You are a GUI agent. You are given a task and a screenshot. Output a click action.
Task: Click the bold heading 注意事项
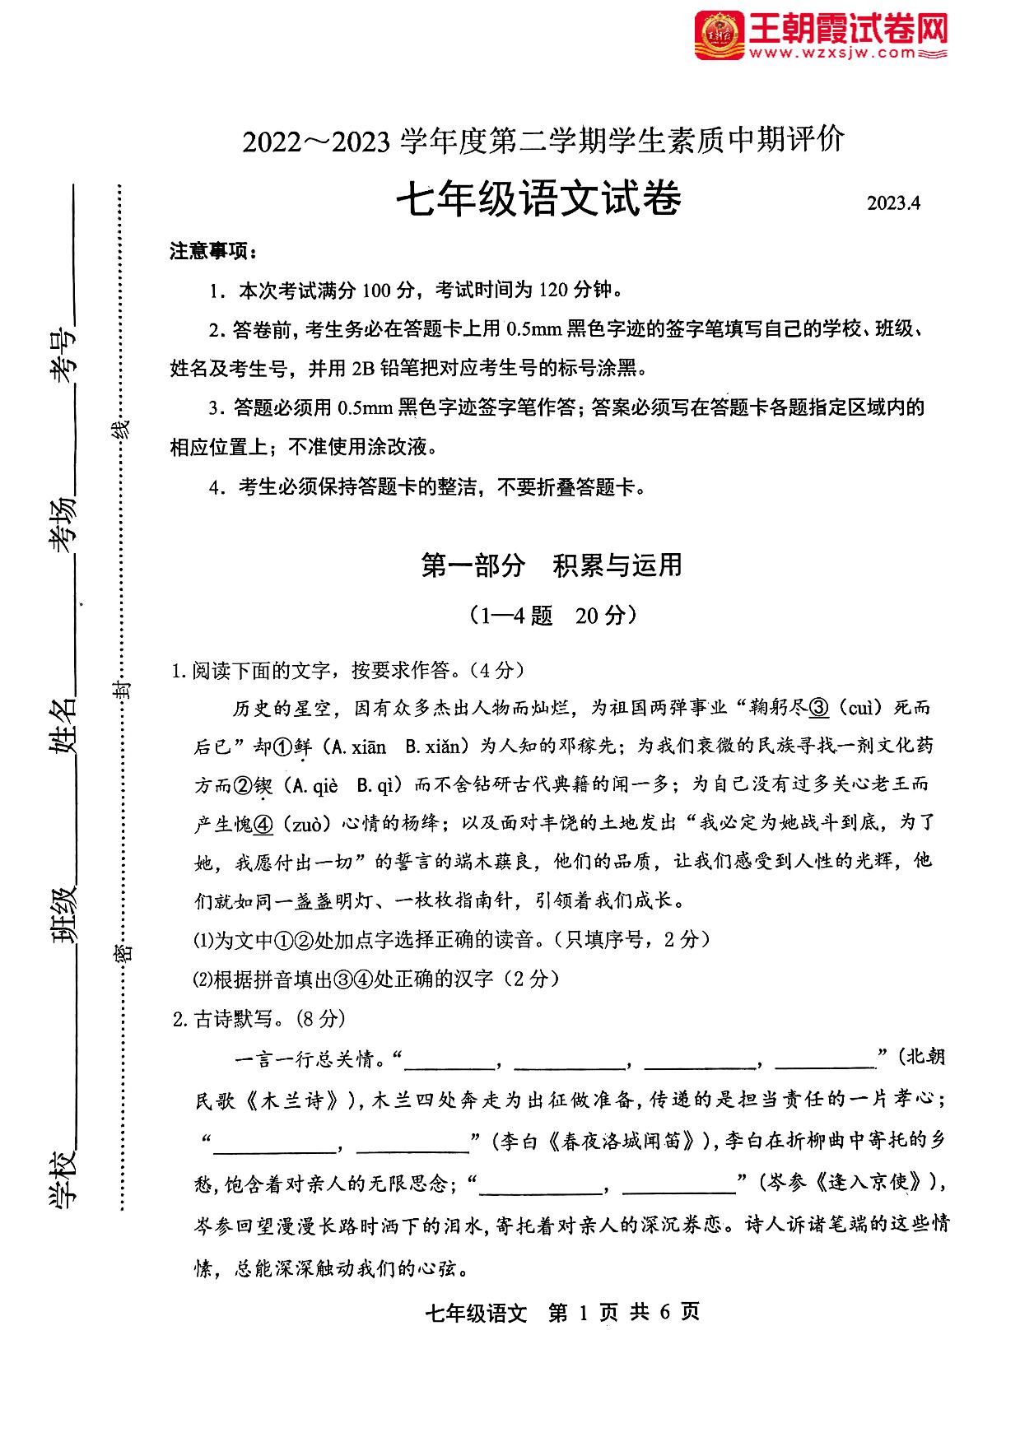[x=212, y=251]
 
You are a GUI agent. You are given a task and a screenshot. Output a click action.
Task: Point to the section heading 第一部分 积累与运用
[x=551, y=565]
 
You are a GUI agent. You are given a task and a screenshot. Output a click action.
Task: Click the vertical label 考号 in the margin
[x=63, y=357]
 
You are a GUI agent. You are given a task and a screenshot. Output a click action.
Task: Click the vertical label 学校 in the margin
[x=63, y=1188]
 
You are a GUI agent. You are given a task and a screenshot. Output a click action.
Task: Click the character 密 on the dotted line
[x=123, y=953]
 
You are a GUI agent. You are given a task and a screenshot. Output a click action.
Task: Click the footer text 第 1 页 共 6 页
[x=623, y=1312]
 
